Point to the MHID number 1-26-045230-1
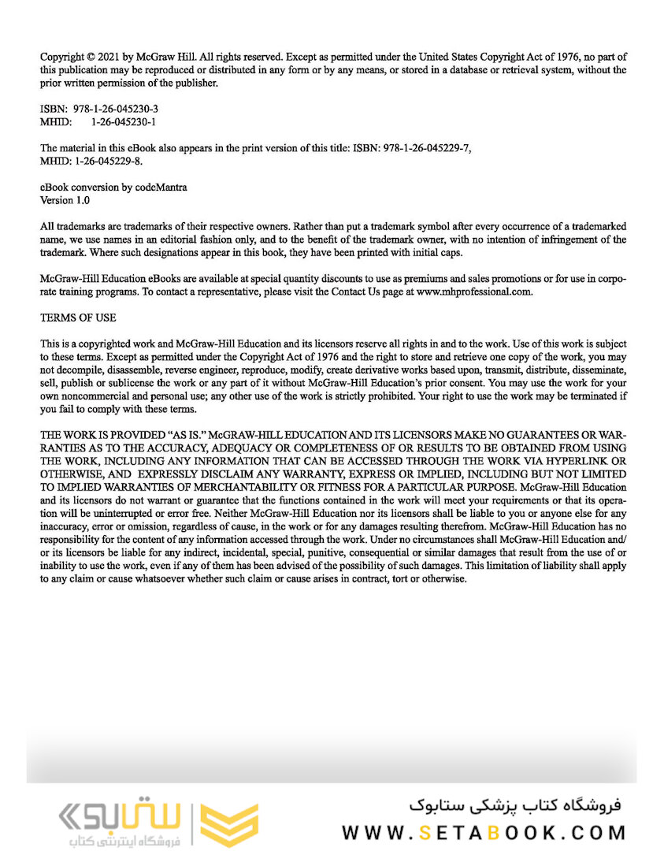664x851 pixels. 124,122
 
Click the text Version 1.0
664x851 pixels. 65,200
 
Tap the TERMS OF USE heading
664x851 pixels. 78,318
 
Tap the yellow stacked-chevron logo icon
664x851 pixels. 229,826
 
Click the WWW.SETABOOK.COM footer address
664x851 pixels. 484,833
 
